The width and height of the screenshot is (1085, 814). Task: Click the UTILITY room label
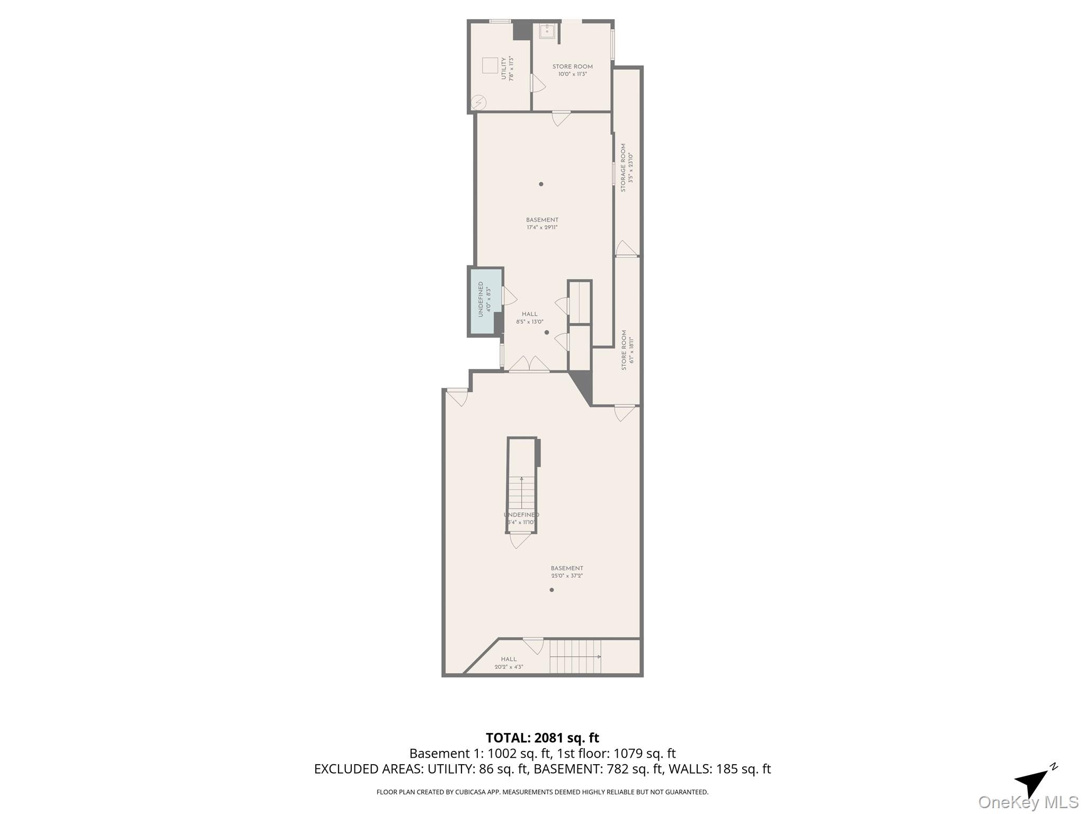tap(507, 68)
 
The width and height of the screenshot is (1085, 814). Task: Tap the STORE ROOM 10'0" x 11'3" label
tap(572, 70)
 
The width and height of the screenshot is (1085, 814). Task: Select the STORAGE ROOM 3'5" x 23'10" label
tap(626, 167)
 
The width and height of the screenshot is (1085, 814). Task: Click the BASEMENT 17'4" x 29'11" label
tap(542, 223)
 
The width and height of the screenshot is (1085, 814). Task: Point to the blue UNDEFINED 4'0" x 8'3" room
tap(485, 299)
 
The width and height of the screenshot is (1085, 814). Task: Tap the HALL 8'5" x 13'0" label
tap(529, 317)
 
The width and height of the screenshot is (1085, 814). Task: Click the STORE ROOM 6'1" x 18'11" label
tap(627, 350)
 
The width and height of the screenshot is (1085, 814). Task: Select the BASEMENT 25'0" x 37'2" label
tap(566, 571)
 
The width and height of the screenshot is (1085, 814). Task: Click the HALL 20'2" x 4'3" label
tap(509, 662)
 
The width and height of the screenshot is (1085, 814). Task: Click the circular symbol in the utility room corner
tap(478, 102)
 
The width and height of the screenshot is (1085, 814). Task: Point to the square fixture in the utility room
tap(490, 66)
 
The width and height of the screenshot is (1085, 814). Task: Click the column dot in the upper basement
tap(541, 184)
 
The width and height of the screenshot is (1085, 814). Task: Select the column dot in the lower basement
tap(552, 590)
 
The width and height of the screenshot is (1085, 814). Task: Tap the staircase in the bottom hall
tap(575, 656)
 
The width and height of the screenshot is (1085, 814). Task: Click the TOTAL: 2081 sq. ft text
tap(542, 738)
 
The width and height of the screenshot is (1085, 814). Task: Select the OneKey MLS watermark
tap(1028, 802)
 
